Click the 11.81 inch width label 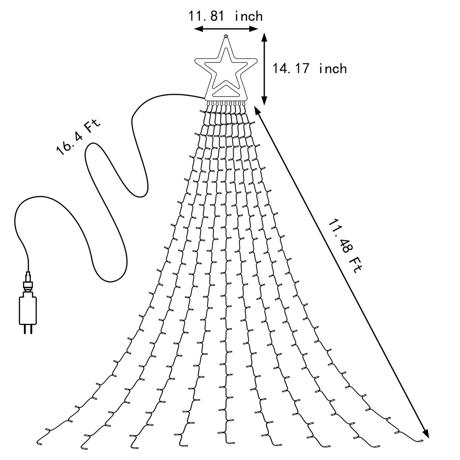(225, 16)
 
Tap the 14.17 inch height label (310, 69)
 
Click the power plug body (28, 310)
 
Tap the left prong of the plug (25, 329)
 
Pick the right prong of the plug (31, 329)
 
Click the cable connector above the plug (28, 283)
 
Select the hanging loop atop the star (226, 37)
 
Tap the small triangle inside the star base (226, 91)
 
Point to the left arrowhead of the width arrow (198, 29)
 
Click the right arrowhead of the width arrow (254, 29)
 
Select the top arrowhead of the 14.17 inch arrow (264, 37)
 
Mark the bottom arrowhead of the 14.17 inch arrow (264, 101)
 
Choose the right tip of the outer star (257, 61)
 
